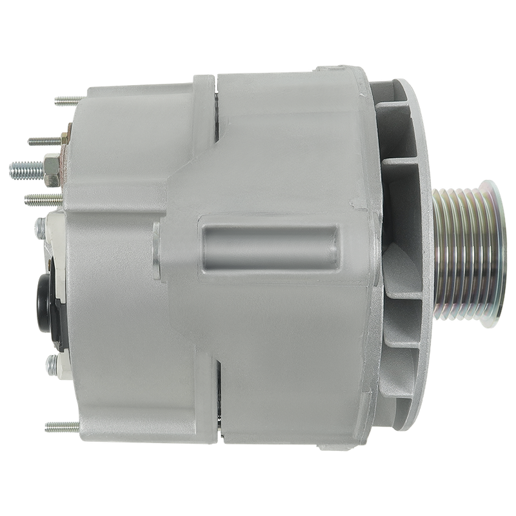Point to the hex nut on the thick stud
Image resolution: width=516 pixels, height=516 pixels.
(49, 169)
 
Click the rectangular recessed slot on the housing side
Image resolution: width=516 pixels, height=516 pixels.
(270, 246)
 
